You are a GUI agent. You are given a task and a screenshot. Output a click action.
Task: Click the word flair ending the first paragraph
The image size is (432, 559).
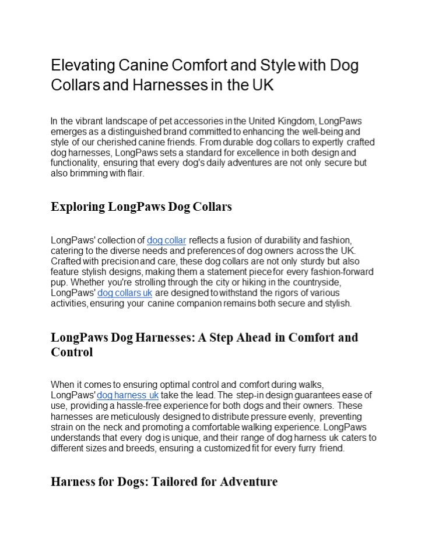[132, 174]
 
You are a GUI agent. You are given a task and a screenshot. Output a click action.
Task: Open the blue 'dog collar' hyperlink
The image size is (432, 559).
[166, 240]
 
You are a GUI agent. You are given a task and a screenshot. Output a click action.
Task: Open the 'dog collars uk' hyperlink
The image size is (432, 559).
[125, 292]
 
